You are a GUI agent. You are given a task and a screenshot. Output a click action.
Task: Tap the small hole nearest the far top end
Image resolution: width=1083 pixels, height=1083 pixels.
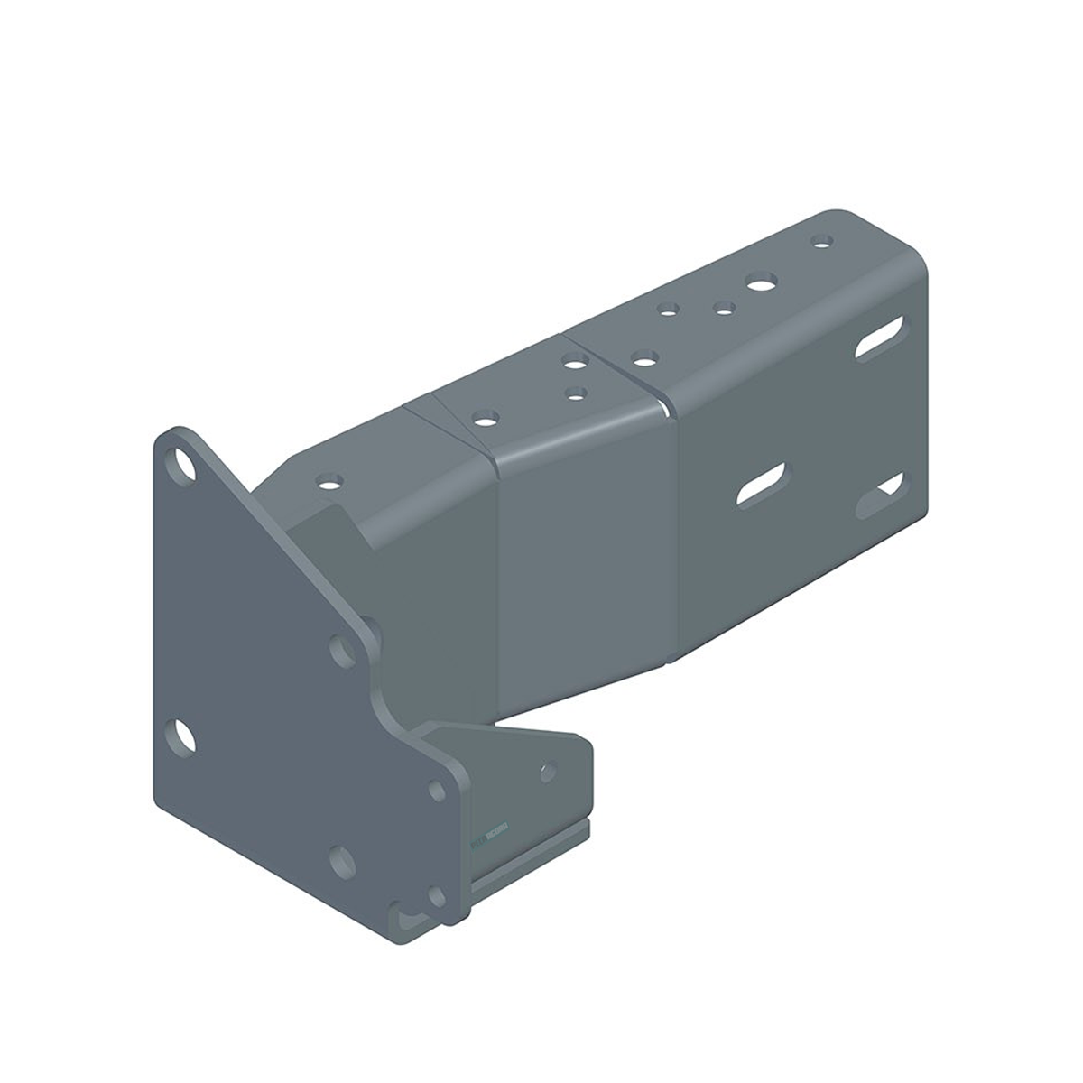(x=820, y=241)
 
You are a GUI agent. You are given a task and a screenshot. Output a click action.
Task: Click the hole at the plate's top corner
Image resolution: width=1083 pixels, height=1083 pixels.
(x=186, y=465)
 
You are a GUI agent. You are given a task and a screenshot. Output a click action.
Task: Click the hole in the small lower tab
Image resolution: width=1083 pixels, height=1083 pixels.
(x=547, y=772)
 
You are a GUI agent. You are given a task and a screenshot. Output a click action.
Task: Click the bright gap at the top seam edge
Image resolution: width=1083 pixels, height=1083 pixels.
(x=665, y=410)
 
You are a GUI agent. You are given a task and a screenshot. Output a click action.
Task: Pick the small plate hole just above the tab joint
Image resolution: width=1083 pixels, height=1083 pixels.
(x=438, y=790)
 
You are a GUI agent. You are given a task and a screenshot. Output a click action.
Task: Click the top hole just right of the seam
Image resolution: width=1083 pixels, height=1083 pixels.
(x=643, y=358)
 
